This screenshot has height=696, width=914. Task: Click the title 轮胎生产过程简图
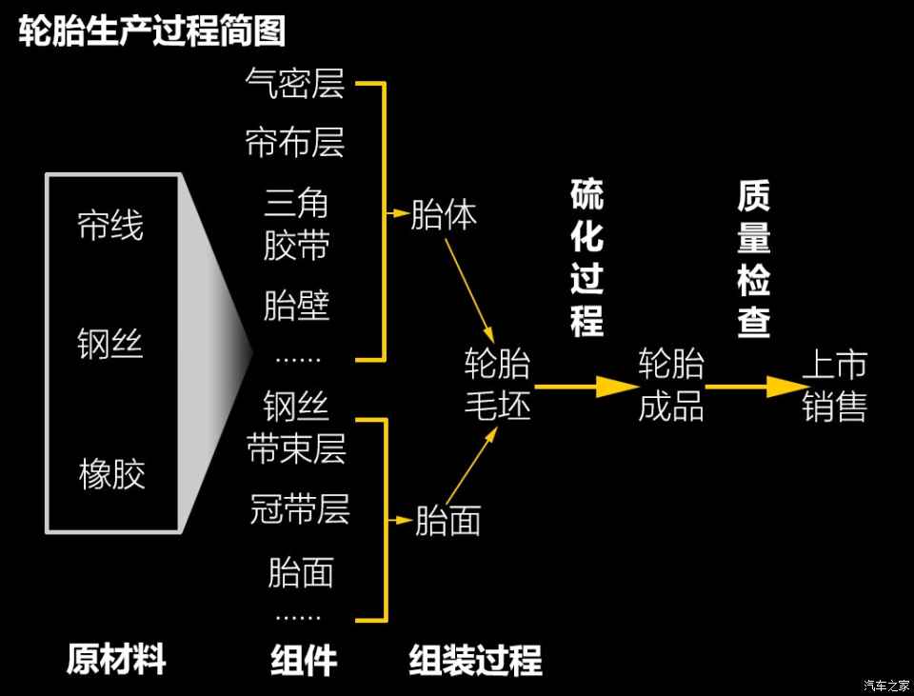[x=151, y=30]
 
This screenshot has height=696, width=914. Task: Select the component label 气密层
[x=295, y=83]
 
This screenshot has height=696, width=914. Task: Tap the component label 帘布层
[x=295, y=142]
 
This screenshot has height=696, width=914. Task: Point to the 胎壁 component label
[x=297, y=305]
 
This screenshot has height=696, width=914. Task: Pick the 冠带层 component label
[x=300, y=508]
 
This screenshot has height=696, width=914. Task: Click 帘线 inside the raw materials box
[x=110, y=226]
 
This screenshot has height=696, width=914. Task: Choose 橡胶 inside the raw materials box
[x=112, y=473]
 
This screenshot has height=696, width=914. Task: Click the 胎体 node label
[x=444, y=214]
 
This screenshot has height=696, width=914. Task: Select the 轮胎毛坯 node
[x=497, y=384]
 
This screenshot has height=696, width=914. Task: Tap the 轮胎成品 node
[x=671, y=384]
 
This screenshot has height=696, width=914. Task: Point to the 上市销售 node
[x=835, y=385]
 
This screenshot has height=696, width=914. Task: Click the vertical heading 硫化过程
[x=587, y=258]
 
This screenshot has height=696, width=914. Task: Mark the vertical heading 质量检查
[x=754, y=258]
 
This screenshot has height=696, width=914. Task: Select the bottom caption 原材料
[x=116, y=659]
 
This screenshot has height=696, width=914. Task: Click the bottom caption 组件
[x=304, y=659]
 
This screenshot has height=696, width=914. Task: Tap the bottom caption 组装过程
[x=476, y=659]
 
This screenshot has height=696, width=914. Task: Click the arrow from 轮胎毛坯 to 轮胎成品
[x=586, y=386]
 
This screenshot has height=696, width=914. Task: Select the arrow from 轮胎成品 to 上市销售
[x=754, y=386]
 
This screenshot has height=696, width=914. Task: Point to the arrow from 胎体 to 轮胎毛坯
[x=469, y=290]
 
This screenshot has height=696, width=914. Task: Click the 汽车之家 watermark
[x=886, y=686]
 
